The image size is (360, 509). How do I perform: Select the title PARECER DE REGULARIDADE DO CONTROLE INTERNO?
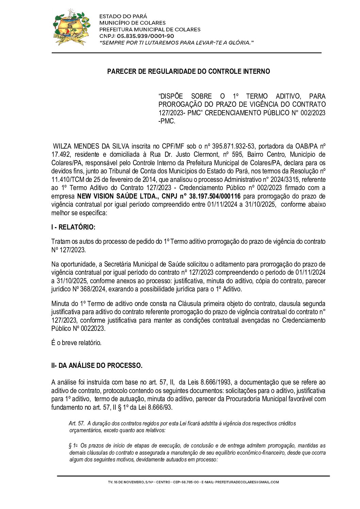tap(189, 71)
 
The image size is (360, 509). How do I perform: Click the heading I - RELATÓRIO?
tap(73, 227)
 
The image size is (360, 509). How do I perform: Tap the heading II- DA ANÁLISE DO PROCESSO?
tap(97, 366)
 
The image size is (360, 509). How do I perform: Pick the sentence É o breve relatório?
tap(76, 343)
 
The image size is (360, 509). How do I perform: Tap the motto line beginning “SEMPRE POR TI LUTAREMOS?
tap(176, 43)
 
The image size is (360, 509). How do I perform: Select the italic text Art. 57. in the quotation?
tap(77, 424)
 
